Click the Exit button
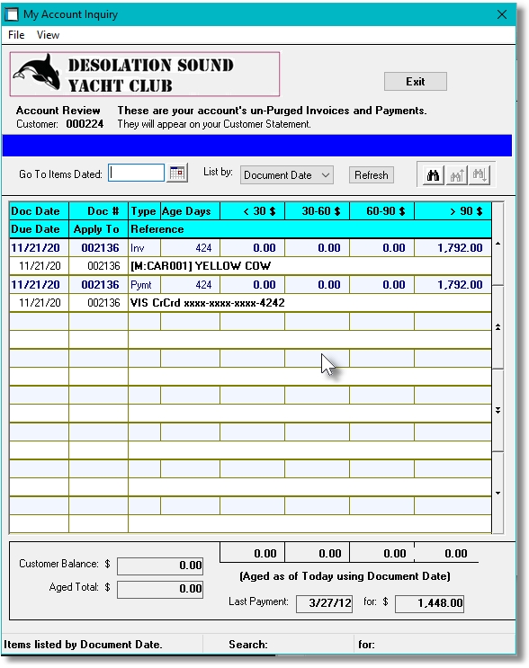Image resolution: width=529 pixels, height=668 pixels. tap(415, 81)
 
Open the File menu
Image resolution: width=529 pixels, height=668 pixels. tap(16, 35)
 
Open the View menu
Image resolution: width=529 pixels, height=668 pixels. tap(48, 35)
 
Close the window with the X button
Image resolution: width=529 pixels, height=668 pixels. tap(502, 14)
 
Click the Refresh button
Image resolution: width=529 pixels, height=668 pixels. tap(371, 175)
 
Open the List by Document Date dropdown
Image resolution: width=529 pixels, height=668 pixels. tap(287, 175)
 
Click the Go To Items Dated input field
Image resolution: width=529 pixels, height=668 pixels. tap(136, 173)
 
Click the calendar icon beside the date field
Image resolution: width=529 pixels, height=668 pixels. tap(177, 173)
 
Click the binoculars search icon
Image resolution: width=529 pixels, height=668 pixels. tap(433, 174)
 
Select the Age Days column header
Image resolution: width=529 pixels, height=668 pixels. tap(188, 211)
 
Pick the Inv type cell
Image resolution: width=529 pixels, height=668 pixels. tap(139, 248)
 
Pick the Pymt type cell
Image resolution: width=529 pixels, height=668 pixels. tap(142, 285)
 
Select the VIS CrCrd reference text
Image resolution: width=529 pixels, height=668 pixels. tap(207, 303)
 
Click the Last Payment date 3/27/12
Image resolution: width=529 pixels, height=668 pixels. tap(320, 602)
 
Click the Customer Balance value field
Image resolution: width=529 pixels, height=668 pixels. tap(160, 566)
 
